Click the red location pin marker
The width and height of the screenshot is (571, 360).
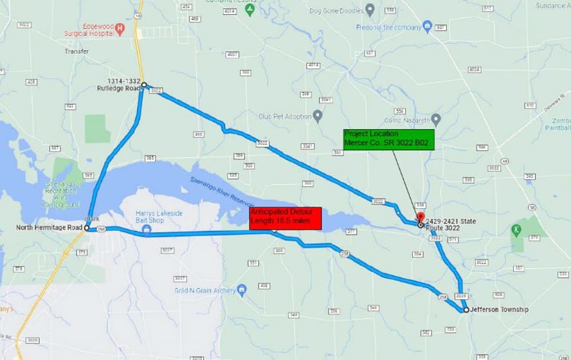421,217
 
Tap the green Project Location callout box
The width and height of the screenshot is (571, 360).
389,139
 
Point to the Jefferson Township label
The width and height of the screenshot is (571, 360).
499,310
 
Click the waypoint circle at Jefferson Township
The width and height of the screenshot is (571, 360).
466,310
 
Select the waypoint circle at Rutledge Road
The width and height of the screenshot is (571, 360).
144,84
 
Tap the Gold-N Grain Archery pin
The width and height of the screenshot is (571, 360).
242,289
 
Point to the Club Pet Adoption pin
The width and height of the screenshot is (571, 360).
318,116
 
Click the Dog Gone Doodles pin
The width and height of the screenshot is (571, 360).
369,10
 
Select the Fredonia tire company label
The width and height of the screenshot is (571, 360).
388,28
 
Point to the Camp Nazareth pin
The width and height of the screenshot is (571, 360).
436,119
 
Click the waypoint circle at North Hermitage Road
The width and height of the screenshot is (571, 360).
87,228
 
